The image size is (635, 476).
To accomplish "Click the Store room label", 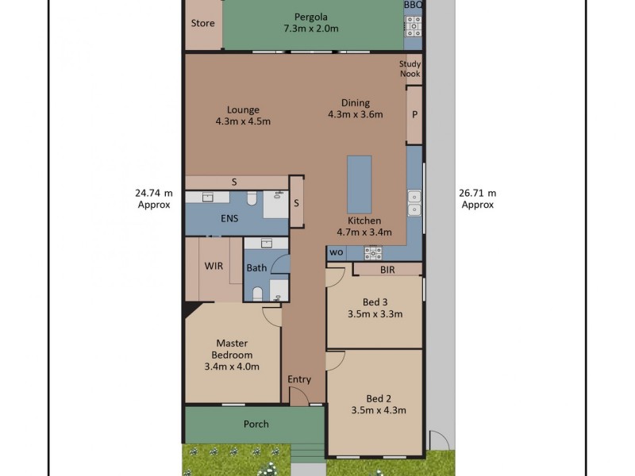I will (x=202, y=23).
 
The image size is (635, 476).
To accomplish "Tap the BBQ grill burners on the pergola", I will (x=413, y=28).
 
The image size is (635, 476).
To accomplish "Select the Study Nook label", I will (x=410, y=69).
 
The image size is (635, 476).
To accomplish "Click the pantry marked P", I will (x=414, y=115).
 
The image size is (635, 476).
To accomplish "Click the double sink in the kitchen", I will (x=414, y=203).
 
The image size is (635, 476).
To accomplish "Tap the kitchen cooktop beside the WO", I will (x=372, y=252).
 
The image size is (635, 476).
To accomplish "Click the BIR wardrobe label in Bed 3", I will (x=387, y=270).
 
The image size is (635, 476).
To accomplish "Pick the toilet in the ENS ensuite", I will (x=250, y=198).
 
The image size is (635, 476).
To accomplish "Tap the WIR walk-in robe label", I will (x=213, y=267).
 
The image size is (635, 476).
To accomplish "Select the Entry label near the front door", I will (x=299, y=379).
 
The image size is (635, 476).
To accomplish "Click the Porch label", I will (x=256, y=424).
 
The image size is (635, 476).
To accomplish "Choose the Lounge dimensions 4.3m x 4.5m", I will (x=243, y=121).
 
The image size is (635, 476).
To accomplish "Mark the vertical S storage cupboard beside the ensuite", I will (x=296, y=202).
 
